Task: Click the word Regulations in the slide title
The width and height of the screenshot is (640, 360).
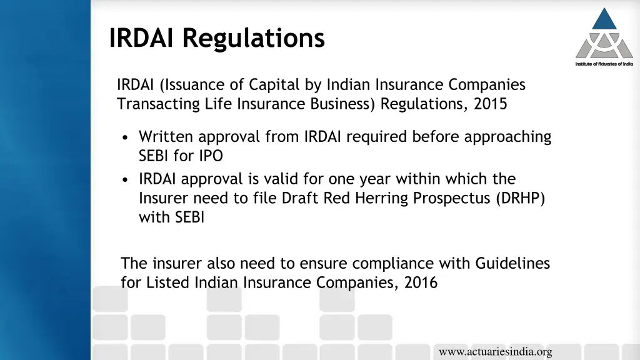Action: tap(254, 37)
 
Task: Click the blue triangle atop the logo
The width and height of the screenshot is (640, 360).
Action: tap(604, 19)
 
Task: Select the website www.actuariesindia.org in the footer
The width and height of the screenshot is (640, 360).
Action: tap(495, 352)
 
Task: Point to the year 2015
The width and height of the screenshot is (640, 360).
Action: tap(491, 104)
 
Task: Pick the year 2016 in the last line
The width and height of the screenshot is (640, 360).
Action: tap(421, 282)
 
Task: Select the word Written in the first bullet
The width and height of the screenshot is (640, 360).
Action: tap(164, 137)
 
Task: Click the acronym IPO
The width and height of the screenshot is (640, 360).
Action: tap(210, 156)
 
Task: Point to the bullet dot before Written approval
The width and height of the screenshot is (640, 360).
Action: tap(127, 137)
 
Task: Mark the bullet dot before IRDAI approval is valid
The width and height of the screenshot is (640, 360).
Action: tap(127, 180)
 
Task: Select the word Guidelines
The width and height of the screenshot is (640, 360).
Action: tap(512, 263)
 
